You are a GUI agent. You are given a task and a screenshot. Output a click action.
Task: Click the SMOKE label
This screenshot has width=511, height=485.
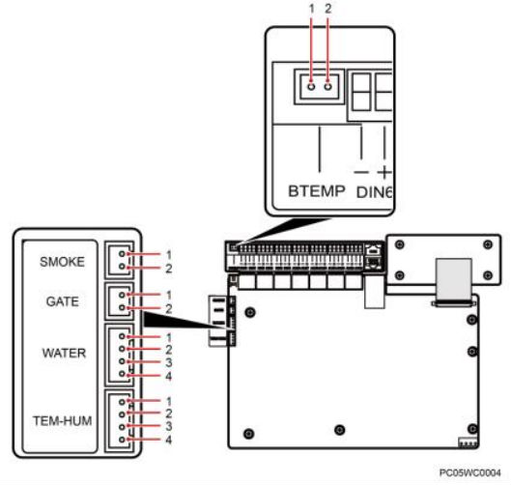click(62, 262)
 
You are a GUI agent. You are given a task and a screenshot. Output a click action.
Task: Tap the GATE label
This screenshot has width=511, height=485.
click(62, 301)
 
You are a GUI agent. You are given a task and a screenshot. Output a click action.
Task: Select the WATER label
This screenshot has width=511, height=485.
click(64, 353)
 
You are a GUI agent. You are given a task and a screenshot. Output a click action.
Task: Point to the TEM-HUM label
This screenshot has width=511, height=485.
click(62, 421)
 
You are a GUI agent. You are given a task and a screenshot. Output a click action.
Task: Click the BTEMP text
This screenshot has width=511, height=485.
click(317, 191)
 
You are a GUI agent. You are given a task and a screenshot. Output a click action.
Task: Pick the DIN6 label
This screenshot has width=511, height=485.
click(374, 192)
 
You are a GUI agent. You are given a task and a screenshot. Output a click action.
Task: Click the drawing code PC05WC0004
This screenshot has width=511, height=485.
click(469, 472)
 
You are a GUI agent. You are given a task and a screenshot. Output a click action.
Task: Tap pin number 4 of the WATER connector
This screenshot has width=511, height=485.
click(168, 376)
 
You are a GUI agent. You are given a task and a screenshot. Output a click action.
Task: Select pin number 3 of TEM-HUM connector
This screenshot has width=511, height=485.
click(168, 426)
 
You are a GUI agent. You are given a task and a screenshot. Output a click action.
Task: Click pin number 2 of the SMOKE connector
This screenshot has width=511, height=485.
click(168, 269)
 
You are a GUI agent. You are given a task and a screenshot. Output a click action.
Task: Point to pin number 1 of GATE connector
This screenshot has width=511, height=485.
click(168, 295)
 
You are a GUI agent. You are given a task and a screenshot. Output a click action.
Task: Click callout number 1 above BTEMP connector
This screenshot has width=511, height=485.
click(312, 9)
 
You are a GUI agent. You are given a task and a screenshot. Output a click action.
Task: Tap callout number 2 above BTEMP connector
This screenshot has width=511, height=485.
click(327, 9)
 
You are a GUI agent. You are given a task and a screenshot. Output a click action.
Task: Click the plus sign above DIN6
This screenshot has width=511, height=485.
click(384, 172)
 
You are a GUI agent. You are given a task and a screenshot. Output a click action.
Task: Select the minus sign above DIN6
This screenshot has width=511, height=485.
click(361, 172)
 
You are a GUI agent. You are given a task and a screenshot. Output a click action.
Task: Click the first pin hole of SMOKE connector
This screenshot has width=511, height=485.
click(122, 253)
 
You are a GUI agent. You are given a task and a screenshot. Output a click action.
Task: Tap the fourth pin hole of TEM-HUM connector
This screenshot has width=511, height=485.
click(122, 440)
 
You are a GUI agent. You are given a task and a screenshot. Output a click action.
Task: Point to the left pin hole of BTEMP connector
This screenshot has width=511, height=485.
click(312, 87)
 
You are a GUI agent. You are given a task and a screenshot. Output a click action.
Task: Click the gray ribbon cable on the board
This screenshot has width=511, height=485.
click(453, 279)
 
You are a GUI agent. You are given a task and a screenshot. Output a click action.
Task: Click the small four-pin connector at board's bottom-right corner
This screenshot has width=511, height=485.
click(468, 442)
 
